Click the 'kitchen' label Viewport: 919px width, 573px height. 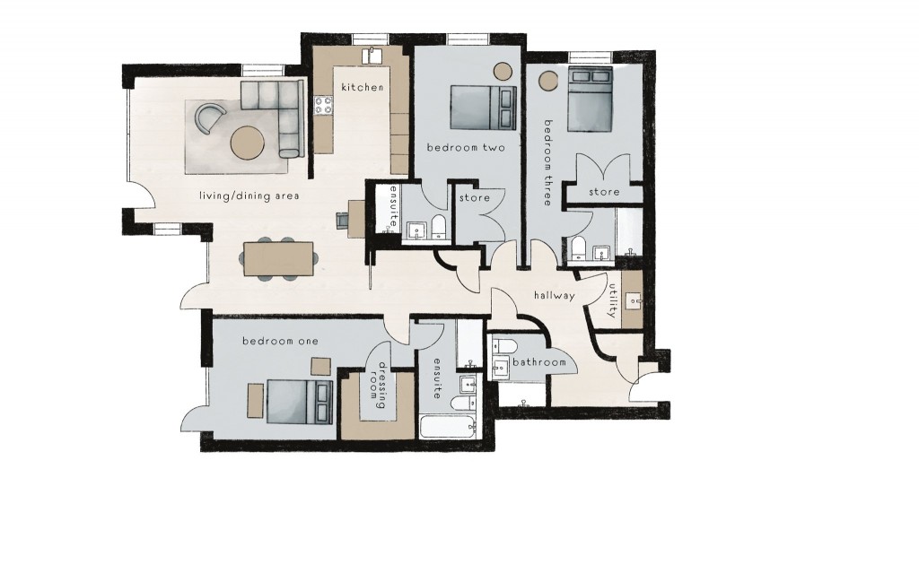click(362, 87)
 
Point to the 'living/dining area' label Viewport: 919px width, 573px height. click(249, 195)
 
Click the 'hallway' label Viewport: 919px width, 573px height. click(554, 295)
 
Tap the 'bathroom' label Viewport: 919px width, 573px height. click(540, 362)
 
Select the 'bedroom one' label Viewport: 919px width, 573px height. click(280, 341)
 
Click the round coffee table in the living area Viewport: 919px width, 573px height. click(248, 142)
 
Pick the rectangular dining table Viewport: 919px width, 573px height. click(278, 259)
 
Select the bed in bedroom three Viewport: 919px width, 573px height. click(591, 100)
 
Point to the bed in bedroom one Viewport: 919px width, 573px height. click(299, 401)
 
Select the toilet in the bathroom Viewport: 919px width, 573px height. click(503, 346)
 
